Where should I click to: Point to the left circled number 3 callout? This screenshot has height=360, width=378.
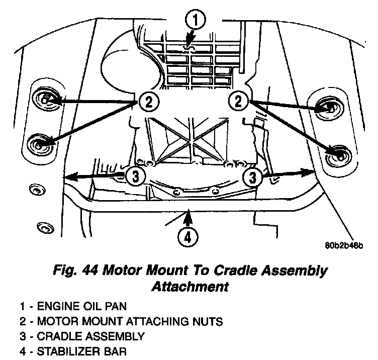click(x=135, y=175)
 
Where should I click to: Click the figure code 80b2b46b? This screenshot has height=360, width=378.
click(x=344, y=246)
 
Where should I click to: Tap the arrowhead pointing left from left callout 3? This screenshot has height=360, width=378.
click(x=70, y=176)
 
